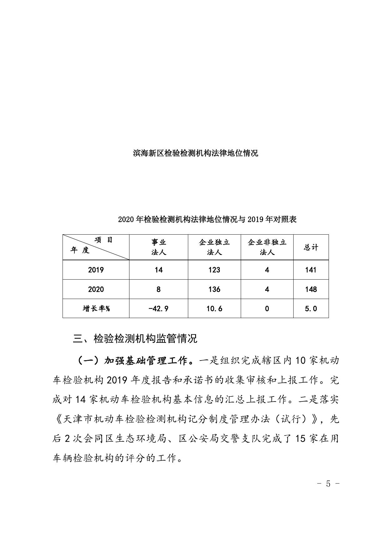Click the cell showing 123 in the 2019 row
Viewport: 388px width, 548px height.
[x=214, y=270]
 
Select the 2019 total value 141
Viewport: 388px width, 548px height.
[x=311, y=270]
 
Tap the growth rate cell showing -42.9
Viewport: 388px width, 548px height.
[x=159, y=309]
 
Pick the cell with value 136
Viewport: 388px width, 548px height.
[x=214, y=289]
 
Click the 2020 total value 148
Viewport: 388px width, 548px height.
[x=311, y=289]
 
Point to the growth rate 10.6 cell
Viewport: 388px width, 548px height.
[x=214, y=309]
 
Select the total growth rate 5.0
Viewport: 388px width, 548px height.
[x=311, y=309]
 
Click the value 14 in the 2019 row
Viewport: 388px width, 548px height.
[x=159, y=270]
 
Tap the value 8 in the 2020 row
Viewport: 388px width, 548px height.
[x=159, y=289]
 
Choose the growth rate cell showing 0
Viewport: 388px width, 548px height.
[x=267, y=309]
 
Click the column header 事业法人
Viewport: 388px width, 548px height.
[x=159, y=247]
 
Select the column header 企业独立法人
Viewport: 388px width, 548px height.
[x=214, y=247]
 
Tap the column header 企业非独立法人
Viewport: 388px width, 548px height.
[x=267, y=247]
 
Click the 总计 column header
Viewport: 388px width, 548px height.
[x=311, y=247]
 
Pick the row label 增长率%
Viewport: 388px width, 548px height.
[x=96, y=309]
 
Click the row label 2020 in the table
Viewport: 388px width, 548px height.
[x=96, y=289]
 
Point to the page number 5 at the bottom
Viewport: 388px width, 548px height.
[x=328, y=484]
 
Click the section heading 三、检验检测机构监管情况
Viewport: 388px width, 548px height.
[x=135, y=339]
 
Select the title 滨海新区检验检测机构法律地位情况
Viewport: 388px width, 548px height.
[x=195, y=153]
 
